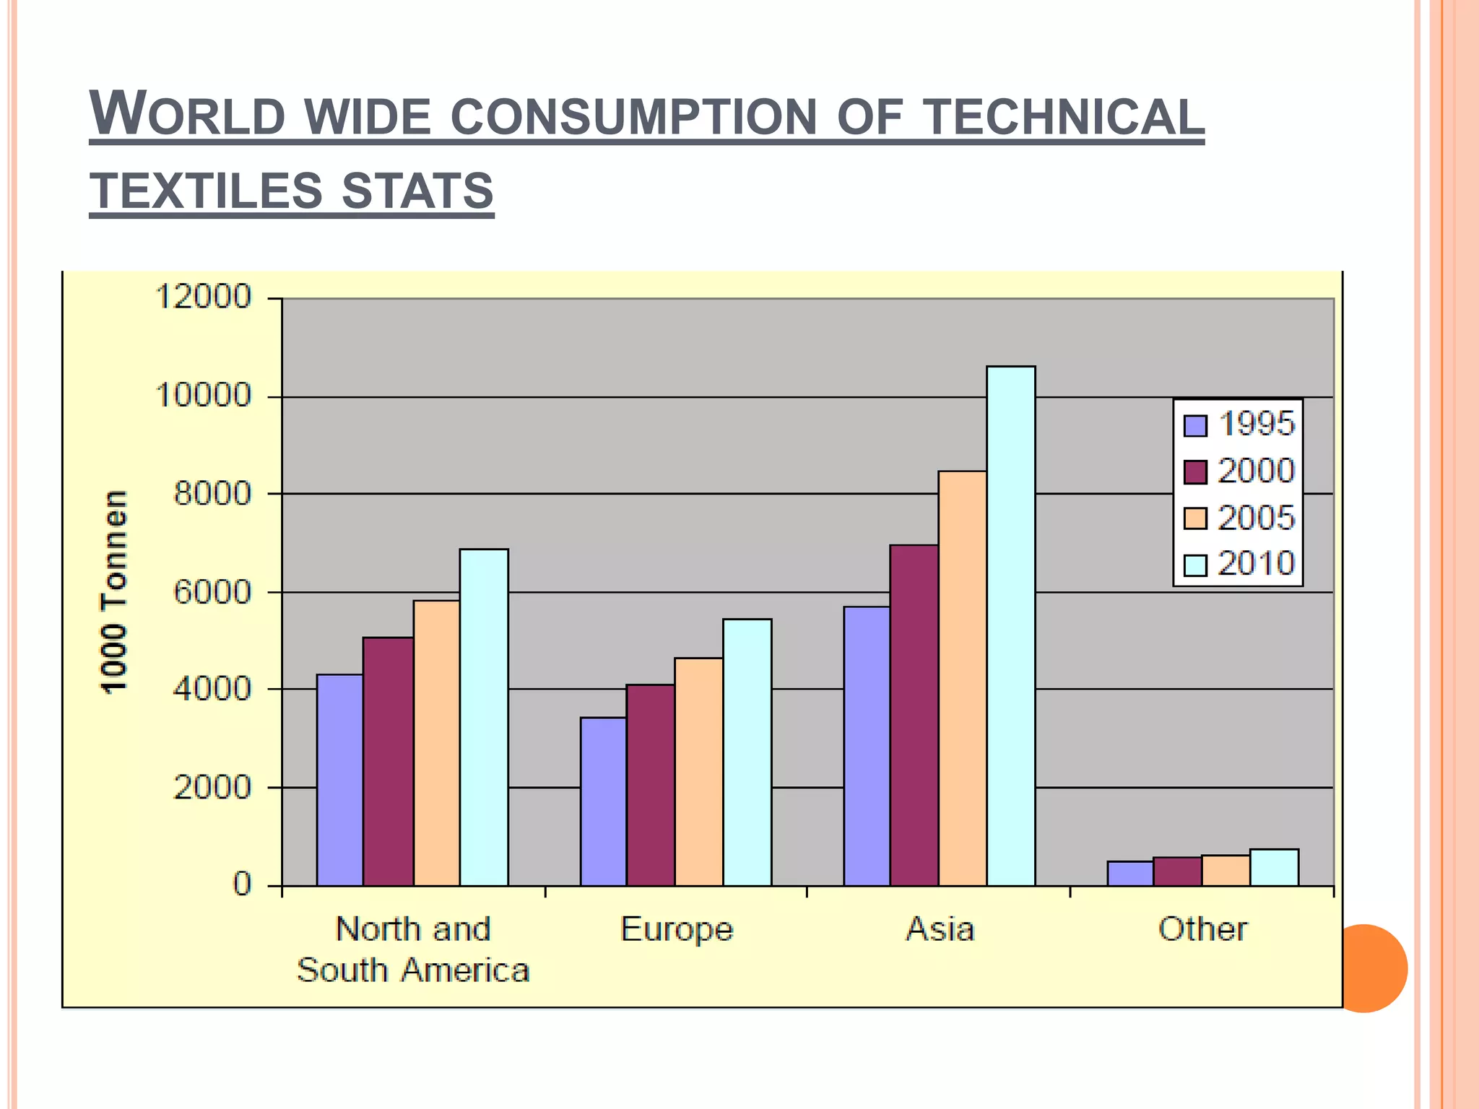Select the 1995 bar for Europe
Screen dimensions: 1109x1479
(x=603, y=801)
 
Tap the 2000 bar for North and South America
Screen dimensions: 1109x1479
(x=388, y=761)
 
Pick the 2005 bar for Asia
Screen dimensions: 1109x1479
(x=962, y=678)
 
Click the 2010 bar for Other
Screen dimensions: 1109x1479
(x=1274, y=867)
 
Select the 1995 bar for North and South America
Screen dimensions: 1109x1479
(x=339, y=780)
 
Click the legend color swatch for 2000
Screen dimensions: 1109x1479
(x=1195, y=472)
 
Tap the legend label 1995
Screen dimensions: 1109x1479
(x=1257, y=424)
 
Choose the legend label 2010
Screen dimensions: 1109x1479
(x=1257, y=564)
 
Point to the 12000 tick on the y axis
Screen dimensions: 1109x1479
(x=203, y=297)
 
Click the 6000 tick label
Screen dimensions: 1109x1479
(x=212, y=592)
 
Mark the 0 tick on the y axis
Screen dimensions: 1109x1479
(x=242, y=884)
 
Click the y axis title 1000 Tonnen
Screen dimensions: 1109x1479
(x=113, y=592)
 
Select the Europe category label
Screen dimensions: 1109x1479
(x=676, y=930)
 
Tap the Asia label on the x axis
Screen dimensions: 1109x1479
(x=940, y=929)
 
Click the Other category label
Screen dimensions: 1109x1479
(x=1202, y=929)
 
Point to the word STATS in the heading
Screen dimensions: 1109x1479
(x=417, y=191)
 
